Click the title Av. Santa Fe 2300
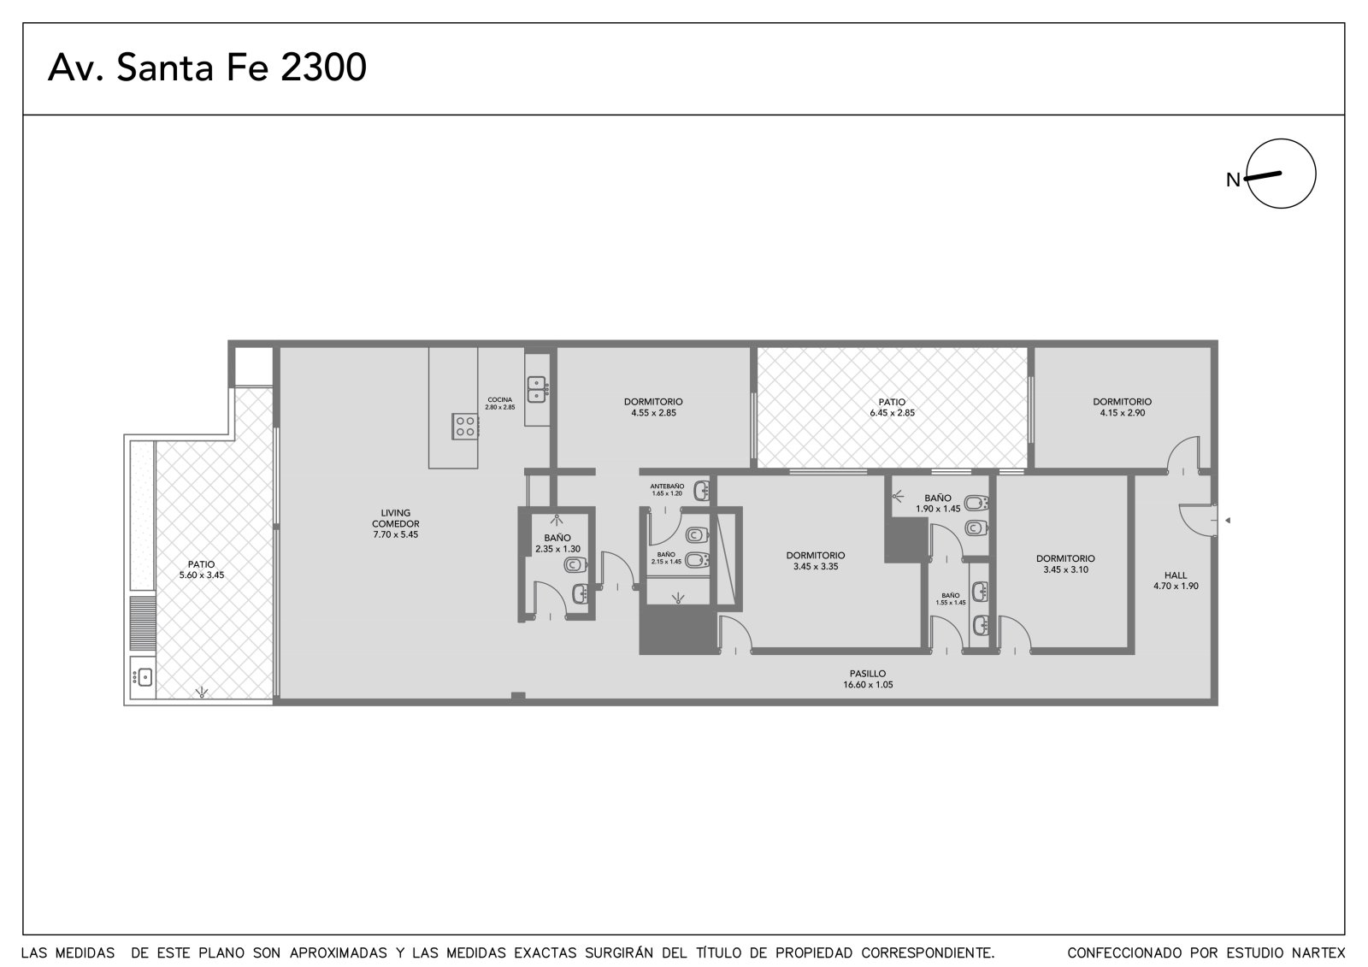pyautogui.click(x=207, y=68)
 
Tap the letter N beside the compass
pyautogui.click(x=1233, y=180)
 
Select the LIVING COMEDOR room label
pyautogui.click(x=396, y=518)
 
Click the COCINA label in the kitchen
pyautogui.click(x=499, y=399)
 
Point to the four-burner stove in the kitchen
pyautogui.click(x=465, y=427)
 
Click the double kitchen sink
pyautogui.click(x=537, y=390)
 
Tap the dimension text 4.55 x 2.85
pyautogui.click(x=653, y=413)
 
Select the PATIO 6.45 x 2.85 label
pyautogui.click(x=893, y=408)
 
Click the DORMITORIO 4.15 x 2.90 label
pyautogui.click(x=1123, y=408)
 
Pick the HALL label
pyautogui.click(x=1176, y=575)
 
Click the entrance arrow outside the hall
pyautogui.click(x=1228, y=521)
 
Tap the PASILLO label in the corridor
pyautogui.click(x=868, y=674)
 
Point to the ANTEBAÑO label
pyautogui.click(x=667, y=486)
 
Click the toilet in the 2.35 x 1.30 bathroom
pyautogui.click(x=575, y=565)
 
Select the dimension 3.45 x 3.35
pyautogui.click(x=816, y=567)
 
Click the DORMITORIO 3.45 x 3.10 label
pyautogui.click(x=1065, y=563)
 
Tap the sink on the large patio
pyautogui.click(x=143, y=677)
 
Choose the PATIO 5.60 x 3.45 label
pyautogui.click(x=202, y=570)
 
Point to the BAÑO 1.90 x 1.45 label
pyautogui.click(x=938, y=504)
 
